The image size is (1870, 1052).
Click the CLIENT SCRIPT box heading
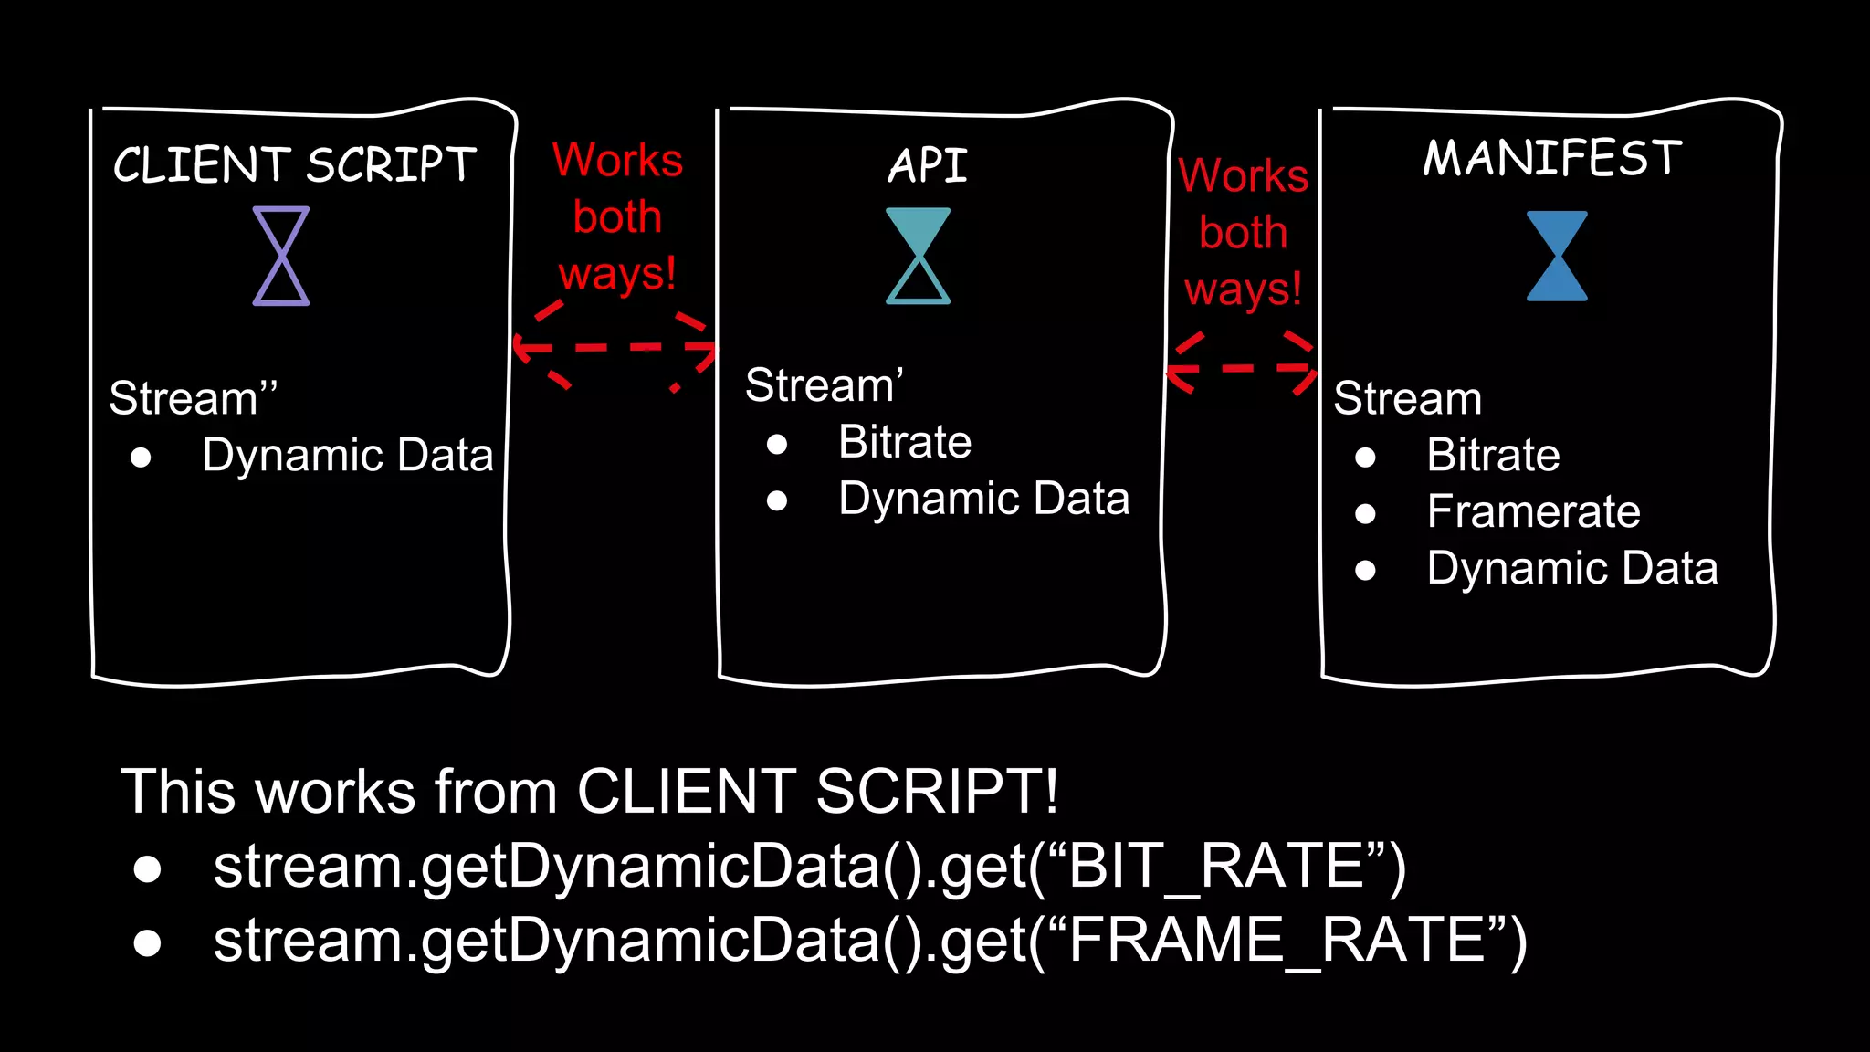point(295,165)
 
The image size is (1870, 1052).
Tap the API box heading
point(928,166)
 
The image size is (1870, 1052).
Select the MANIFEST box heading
point(1552,158)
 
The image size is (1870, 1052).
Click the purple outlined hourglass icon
point(281,256)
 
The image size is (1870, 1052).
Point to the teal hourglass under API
point(918,256)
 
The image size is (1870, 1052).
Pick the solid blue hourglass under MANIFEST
point(1557,256)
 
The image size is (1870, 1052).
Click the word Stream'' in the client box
point(193,398)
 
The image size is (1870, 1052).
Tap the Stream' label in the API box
point(824,384)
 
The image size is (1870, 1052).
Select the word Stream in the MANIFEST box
point(1407,398)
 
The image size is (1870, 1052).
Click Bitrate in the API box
point(905,442)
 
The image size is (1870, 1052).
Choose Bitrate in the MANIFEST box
point(1493,455)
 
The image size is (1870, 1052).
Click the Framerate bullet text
point(1533,511)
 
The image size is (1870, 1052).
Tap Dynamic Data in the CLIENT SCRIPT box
point(347,455)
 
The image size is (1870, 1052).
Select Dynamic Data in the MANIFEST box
point(1572,568)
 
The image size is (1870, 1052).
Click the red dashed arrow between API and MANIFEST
point(1242,368)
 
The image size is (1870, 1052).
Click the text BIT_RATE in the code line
point(1214,866)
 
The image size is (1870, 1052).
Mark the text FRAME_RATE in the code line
point(1276,941)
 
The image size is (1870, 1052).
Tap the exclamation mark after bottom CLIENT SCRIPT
point(1051,791)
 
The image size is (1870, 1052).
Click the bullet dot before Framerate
point(1365,514)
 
